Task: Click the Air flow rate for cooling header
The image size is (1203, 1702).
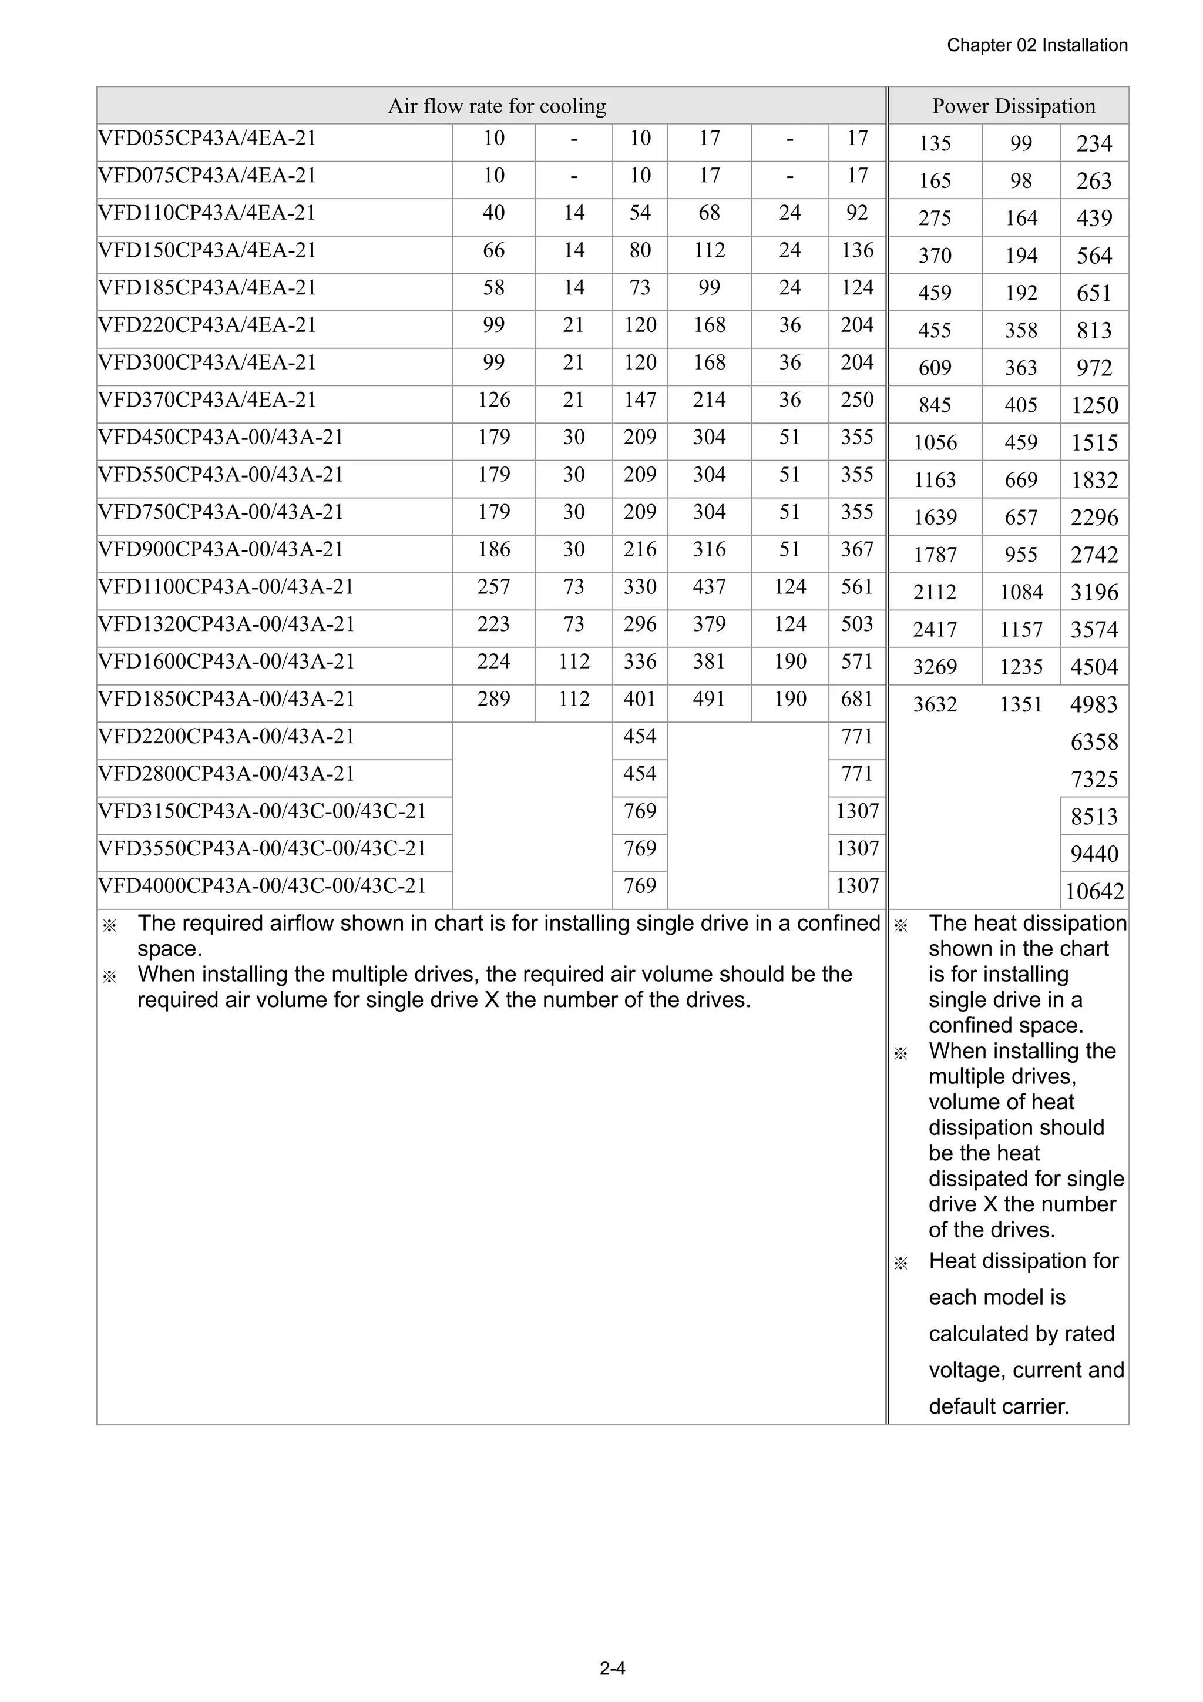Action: pos(496,106)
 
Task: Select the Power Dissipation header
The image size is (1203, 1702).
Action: pos(1013,106)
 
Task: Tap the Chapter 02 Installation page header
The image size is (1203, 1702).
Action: pos(1037,45)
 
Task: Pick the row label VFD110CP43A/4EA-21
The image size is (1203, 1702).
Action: pos(207,213)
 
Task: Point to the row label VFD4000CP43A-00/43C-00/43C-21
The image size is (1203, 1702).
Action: pos(263,885)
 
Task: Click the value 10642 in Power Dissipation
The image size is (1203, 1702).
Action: pos(1094,891)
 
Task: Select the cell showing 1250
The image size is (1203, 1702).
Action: pos(1094,405)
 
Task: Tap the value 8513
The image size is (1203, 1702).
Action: pos(1094,816)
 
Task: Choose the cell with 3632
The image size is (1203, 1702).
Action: pos(935,704)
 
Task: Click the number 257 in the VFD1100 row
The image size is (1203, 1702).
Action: pos(493,586)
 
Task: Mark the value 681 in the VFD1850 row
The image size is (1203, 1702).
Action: pos(857,699)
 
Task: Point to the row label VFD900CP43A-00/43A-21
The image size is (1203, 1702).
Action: pos(221,549)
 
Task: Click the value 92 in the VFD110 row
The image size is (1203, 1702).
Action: pos(857,213)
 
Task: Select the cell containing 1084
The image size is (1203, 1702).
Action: pos(1021,592)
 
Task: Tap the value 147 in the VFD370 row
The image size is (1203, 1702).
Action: pos(640,400)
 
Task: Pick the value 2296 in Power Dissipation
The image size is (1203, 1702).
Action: pos(1094,518)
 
